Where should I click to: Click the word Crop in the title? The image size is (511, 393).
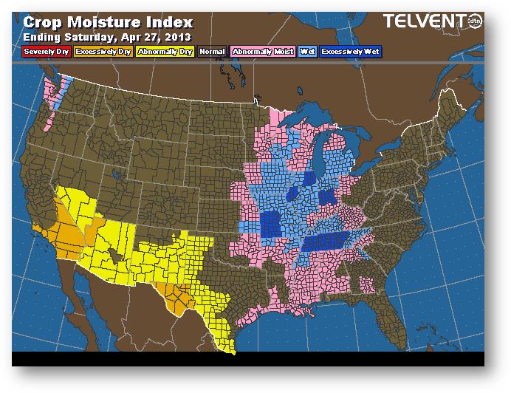[43, 22]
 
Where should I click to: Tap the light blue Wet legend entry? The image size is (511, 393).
[306, 52]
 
